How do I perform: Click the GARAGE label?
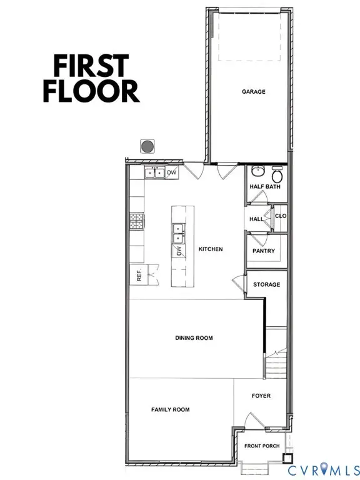[x=254, y=91]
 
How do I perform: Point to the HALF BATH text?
[x=265, y=186]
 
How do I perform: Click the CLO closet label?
[x=281, y=216]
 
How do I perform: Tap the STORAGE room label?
[x=266, y=284]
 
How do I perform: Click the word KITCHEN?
[x=211, y=249]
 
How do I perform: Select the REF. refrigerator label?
[x=139, y=275]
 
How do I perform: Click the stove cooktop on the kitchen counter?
[x=136, y=220]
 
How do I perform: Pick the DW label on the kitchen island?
[x=178, y=251]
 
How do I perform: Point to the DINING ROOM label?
[x=194, y=338]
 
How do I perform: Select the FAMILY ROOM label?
[x=170, y=410]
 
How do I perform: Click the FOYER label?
[x=261, y=396]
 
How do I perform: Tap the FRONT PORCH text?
[x=262, y=446]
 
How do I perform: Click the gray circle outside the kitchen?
[x=147, y=146]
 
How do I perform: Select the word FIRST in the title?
[x=86, y=65]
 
